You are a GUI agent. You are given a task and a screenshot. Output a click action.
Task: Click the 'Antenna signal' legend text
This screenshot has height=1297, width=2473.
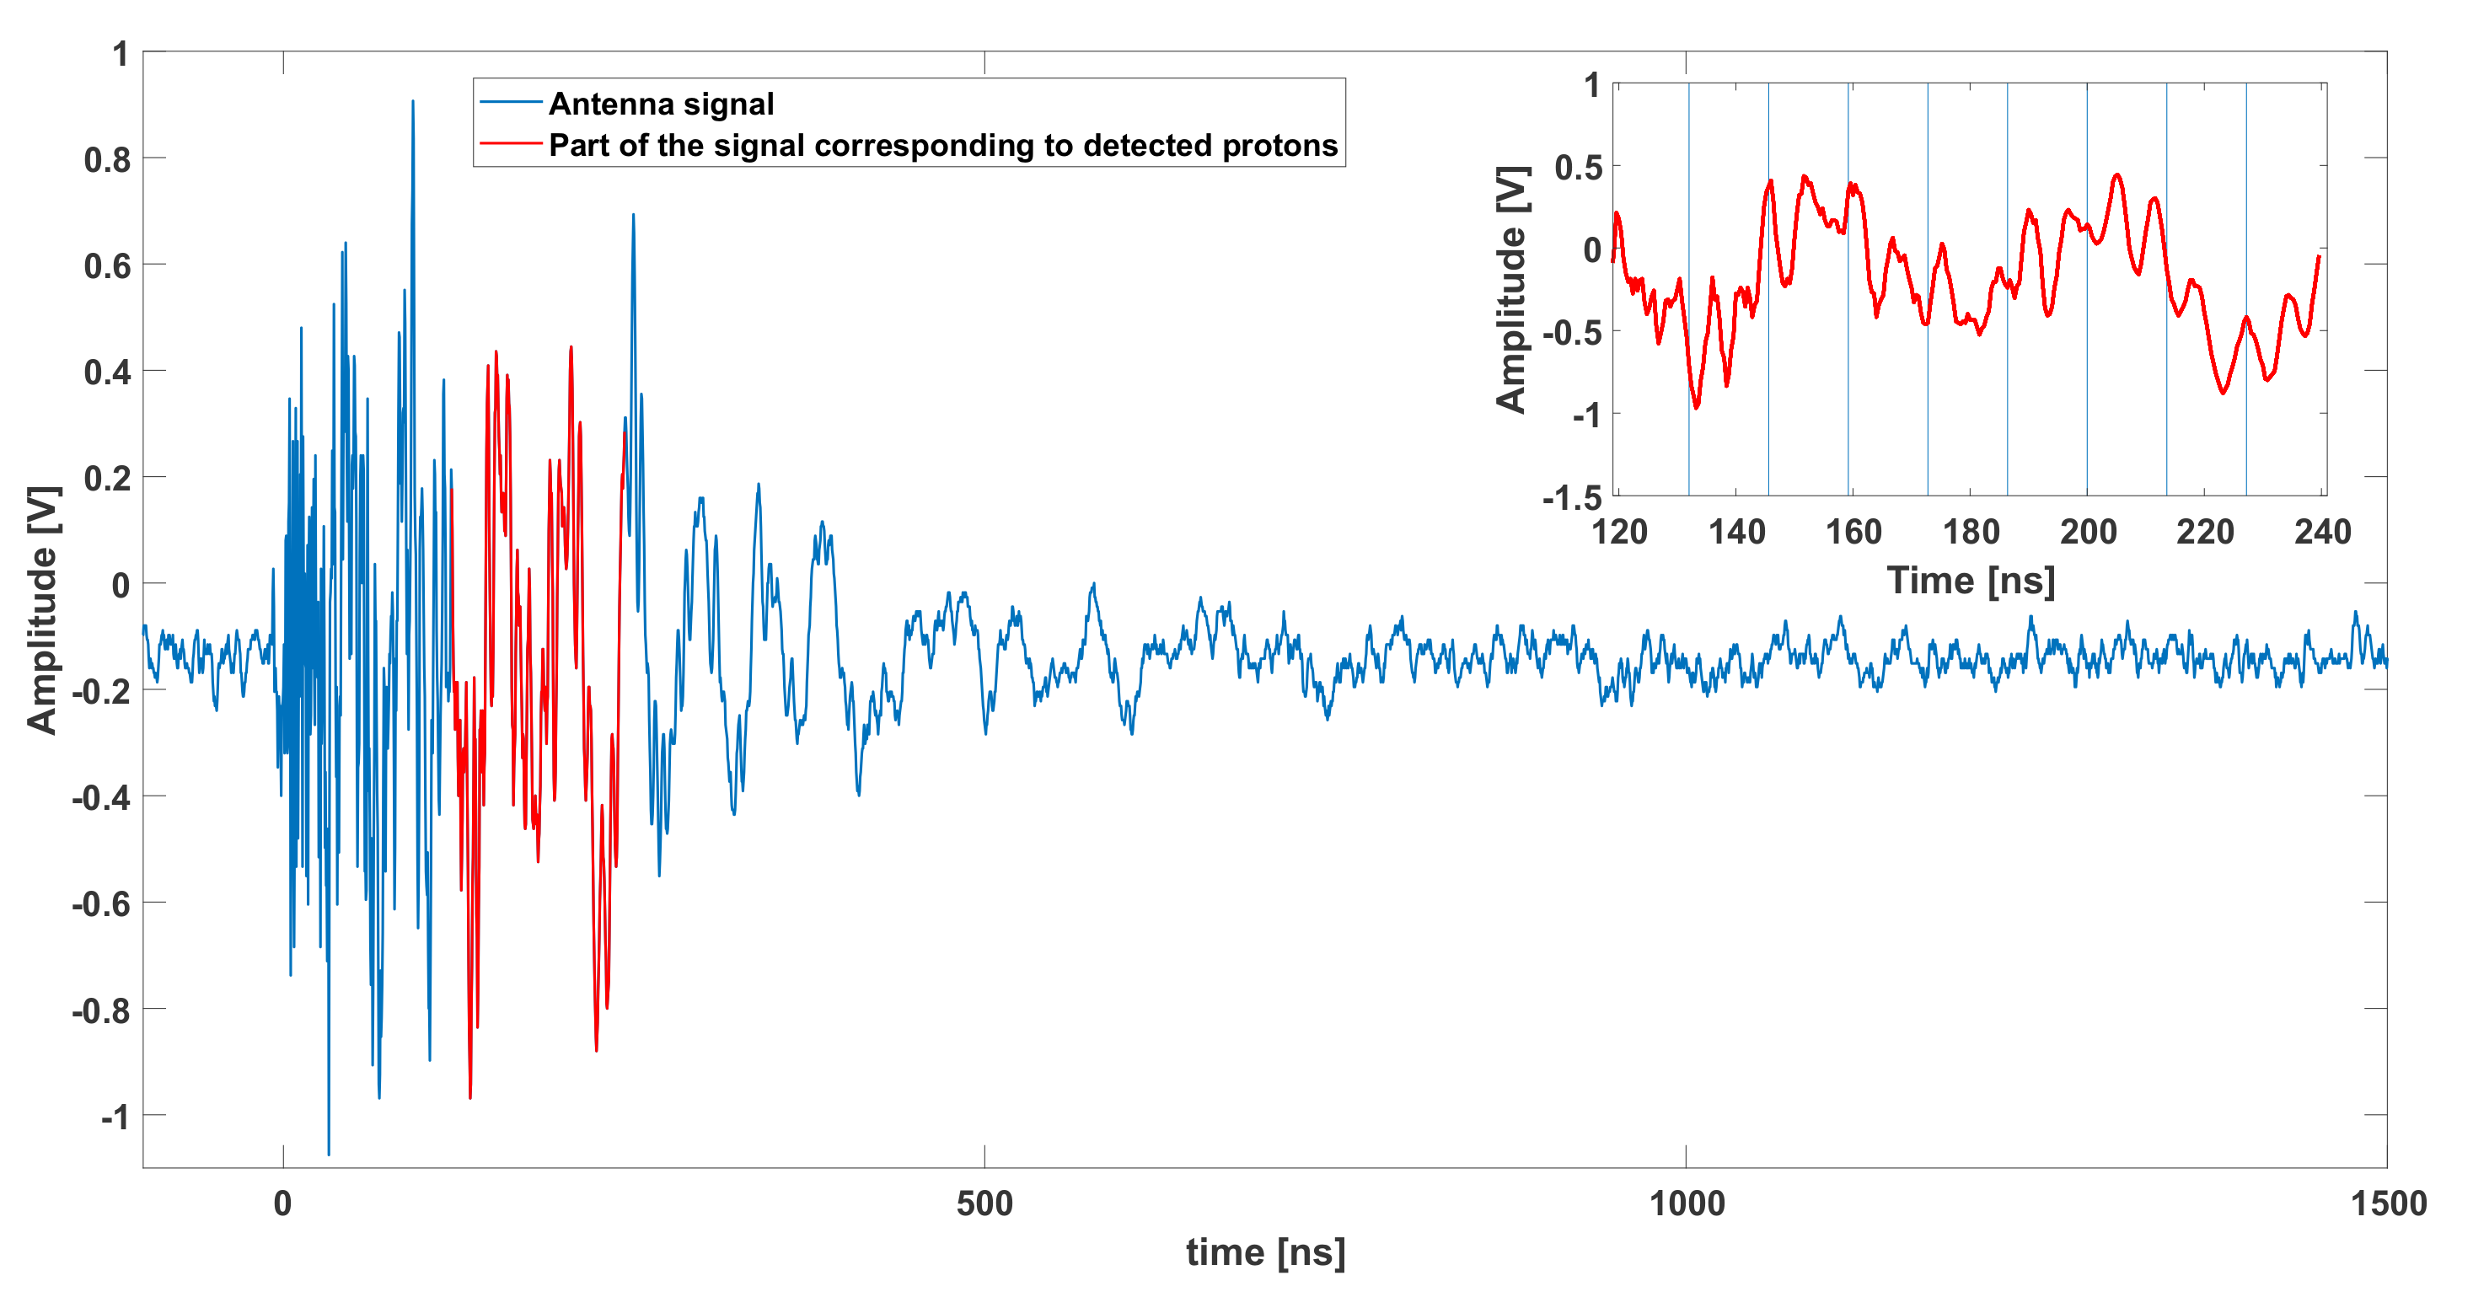pos(661,104)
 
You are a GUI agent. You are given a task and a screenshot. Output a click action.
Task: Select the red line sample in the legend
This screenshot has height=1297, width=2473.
pos(511,145)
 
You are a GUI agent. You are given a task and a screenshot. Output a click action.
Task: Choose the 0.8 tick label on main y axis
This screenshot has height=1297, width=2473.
pos(106,160)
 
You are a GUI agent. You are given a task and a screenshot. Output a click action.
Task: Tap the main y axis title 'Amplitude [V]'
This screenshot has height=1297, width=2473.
pos(43,611)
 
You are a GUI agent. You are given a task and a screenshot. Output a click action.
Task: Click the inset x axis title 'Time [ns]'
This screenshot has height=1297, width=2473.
pos(1970,581)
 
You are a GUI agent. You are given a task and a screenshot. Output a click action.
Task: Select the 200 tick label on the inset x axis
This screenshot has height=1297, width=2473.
pos(2087,532)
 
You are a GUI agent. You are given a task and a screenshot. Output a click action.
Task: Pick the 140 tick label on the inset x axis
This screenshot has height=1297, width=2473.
pos(1735,532)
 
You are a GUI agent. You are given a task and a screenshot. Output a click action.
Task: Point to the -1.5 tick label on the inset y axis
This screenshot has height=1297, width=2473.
pos(1572,498)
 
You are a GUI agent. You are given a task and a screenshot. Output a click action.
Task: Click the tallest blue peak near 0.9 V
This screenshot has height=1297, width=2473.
pos(413,102)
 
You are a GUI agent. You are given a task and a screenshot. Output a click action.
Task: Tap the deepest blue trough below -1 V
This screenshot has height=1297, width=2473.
pos(329,1152)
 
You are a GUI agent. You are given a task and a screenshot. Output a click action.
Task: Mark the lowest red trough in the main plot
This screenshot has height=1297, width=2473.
pos(469,1096)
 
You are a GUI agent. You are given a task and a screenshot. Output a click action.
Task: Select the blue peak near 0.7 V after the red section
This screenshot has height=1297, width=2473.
pos(633,216)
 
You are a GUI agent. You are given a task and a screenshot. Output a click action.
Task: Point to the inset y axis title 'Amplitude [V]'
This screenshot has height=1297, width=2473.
pos(1511,289)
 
